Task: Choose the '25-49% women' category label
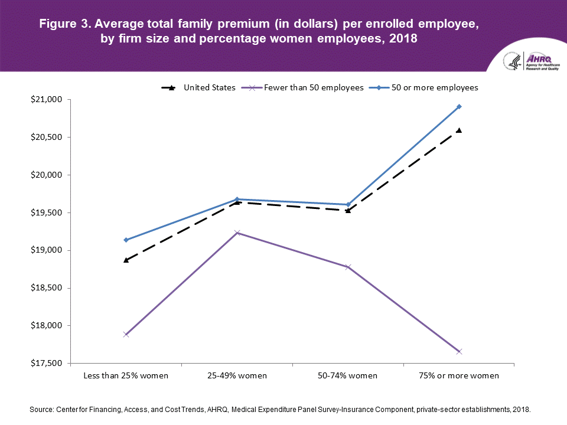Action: point(237,375)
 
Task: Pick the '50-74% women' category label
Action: point(348,375)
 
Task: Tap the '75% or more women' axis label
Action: point(459,375)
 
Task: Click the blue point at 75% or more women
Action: point(459,107)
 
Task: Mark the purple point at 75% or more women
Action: point(459,352)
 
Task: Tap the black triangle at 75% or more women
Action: point(459,130)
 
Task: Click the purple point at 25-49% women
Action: point(237,233)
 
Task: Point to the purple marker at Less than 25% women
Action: point(126,335)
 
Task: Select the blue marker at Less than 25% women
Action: point(126,240)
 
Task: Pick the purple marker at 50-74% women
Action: point(348,267)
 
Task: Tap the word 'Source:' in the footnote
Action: point(41,408)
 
